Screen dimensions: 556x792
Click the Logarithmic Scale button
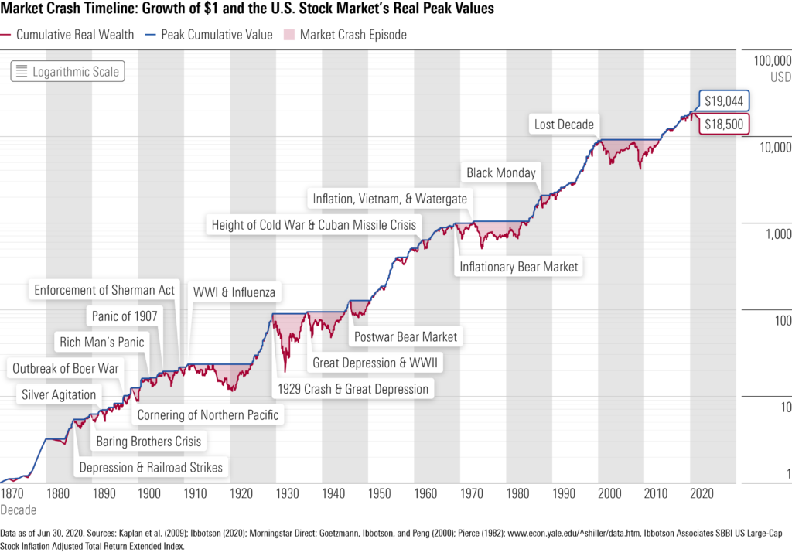68,72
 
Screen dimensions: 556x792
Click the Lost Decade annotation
564,124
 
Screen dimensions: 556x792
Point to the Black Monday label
501,172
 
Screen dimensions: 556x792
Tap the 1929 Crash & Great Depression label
353,389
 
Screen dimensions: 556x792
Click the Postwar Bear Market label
405,336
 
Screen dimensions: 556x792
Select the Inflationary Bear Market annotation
518,267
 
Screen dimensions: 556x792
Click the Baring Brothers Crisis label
148,442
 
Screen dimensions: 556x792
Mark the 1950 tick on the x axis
379,494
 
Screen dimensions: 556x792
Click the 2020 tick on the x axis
702,494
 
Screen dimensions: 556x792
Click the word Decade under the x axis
18,510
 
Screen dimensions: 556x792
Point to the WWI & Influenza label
234,293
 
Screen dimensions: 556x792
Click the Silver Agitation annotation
60,394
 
